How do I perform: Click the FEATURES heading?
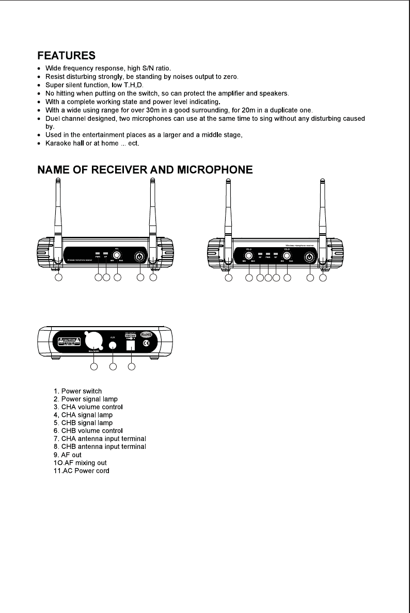67,55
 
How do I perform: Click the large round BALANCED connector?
94,341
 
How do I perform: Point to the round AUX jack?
113,347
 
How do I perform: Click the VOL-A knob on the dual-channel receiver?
248,255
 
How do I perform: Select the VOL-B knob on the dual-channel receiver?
287,255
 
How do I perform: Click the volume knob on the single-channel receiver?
117,255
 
